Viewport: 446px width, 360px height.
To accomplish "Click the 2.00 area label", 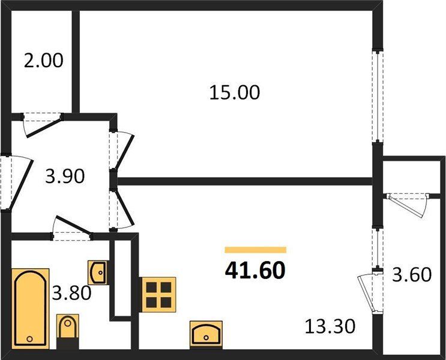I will pyautogui.click(x=44, y=61).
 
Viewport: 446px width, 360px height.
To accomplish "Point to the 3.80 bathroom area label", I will pyautogui.click(x=70, y=293).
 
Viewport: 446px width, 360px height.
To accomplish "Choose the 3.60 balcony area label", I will pyautogui.click(x=411, y=275).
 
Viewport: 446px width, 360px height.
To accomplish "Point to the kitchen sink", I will pyautogui.click(x=206, y=331).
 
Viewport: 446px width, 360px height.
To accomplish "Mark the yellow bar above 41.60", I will pyautogui.click(x=255, y=250).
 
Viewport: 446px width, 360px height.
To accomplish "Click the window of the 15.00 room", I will pyautogui.click(x=376, y=96).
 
